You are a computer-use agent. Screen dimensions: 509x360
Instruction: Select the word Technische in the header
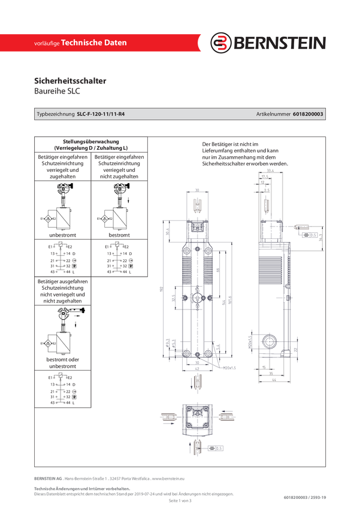[83, 43]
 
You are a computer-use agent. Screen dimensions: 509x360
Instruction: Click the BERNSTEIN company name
[279, 43]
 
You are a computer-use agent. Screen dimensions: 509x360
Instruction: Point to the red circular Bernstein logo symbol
[221, 43]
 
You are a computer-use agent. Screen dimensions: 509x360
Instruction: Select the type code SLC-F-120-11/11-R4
[105, 114]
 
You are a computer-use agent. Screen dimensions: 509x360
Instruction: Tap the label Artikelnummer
[273, 114]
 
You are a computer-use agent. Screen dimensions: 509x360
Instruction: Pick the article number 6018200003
[309, 114]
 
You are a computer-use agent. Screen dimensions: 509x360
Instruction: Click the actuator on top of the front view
[198, 206]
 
